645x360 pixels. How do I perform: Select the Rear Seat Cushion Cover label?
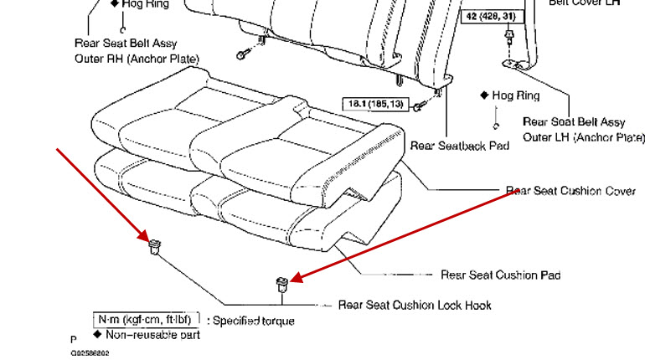(x=570, y=191)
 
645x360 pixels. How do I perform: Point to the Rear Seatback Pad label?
(x=460, y=146)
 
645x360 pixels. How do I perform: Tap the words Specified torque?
(x=253, y=320)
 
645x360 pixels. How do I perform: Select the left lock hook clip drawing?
(x=154, y=246)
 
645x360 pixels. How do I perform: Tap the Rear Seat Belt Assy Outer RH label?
(x=137, y=51)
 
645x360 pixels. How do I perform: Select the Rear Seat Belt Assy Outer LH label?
(x=585, y=129)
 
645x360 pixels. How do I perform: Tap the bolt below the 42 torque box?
(x=509, y=37)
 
